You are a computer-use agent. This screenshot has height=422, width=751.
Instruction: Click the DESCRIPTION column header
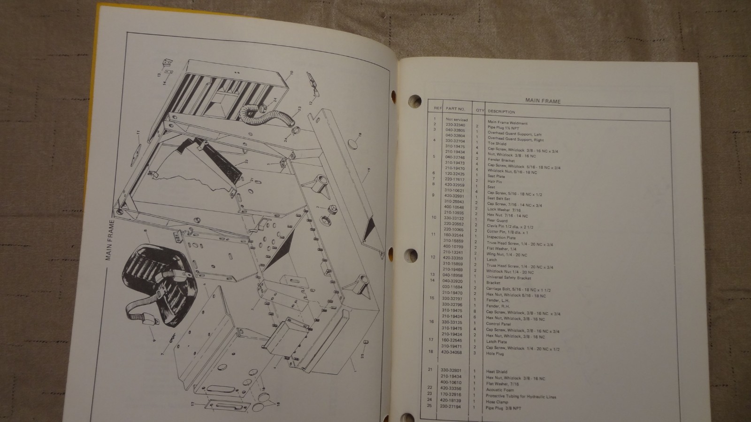coord(501,112)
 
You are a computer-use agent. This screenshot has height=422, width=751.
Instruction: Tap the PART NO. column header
coord(455,109)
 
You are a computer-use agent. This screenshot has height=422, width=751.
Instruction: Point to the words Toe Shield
coord(497,144)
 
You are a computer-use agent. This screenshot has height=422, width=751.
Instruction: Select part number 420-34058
coord(452,352)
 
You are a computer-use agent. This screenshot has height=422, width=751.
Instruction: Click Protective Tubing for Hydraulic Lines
coord(521,396)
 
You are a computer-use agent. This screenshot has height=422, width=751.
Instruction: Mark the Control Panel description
coord(499,324)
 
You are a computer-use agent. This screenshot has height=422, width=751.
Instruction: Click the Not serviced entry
coord(457,120)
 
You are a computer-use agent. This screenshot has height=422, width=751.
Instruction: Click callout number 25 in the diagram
coord(362,356)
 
